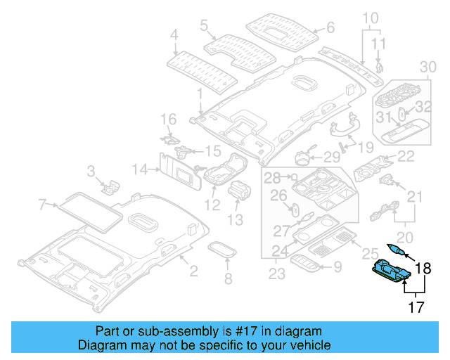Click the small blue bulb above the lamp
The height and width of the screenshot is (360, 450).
(x=395, y=250)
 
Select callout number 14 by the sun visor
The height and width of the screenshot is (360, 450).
(x=141, y=169)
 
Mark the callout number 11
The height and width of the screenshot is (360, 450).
(x=379, y=44)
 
